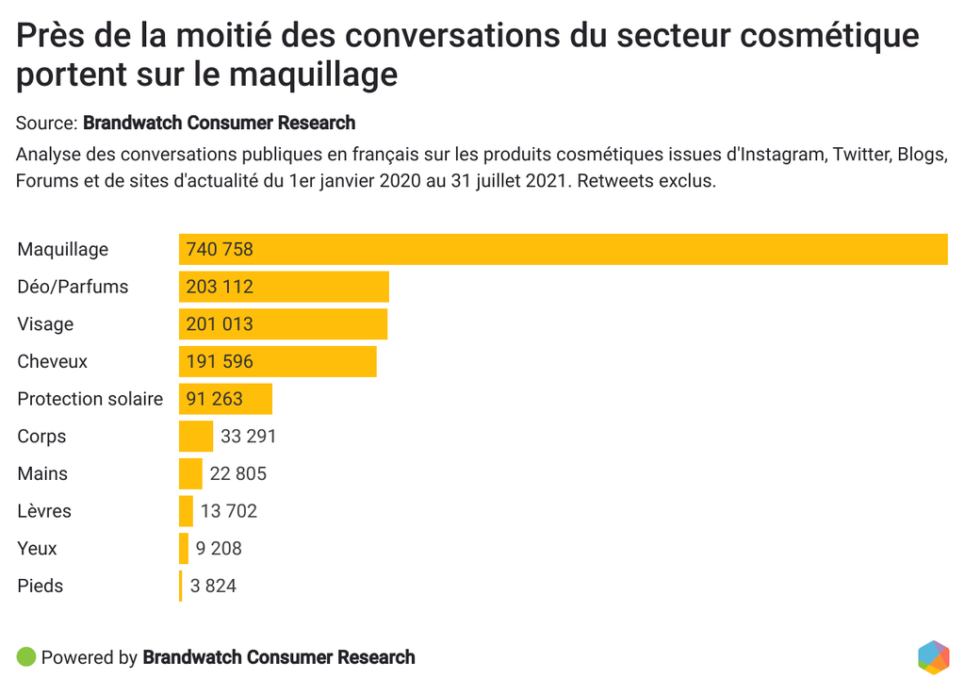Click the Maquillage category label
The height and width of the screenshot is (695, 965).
click(62, 249)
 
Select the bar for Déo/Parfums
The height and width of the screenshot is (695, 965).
click(284, 287)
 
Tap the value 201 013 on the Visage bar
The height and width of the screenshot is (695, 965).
click(220, 323)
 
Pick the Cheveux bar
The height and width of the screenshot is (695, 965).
click(278, 361)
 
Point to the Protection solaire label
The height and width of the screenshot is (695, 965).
click(90, 399)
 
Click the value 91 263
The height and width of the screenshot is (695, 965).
click(214, 399)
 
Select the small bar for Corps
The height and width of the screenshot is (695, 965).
click(196, 437)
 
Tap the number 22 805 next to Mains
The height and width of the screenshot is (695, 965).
click(238, 473)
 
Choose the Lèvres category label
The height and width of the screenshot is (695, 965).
click(44, 511)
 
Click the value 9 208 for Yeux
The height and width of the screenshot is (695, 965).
click(219, 548)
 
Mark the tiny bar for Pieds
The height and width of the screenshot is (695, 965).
click(181, 586)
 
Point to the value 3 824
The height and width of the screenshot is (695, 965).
click(213, 586)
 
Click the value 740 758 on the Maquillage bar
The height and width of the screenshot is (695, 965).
click(220, 249)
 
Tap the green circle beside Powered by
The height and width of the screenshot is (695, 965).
click(26, 656)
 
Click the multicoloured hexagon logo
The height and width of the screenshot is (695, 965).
click(933, 657)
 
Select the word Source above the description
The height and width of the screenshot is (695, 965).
click(45, 123)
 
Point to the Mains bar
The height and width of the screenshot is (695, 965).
click(190, 473)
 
